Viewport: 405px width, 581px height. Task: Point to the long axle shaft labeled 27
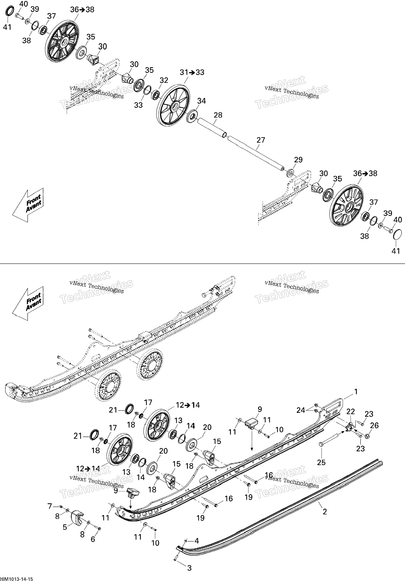(256, 153)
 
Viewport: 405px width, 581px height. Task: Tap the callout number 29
(298, 160)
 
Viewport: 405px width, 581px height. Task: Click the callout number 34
(201, 101)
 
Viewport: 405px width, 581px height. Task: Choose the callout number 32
(164, 80)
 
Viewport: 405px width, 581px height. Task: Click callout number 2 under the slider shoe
(325, 512)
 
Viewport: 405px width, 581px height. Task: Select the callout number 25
(321, 462)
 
